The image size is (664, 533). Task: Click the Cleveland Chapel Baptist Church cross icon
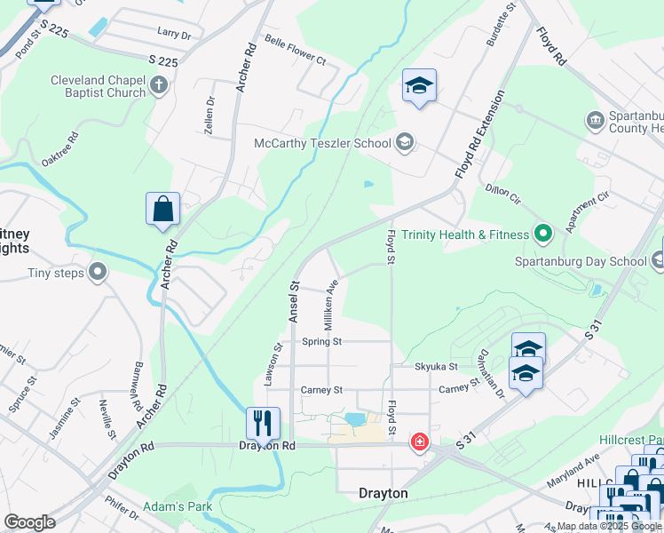point(159,86)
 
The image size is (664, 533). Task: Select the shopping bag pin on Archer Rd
point(163,210)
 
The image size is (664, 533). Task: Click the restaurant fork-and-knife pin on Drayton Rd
point(263,424)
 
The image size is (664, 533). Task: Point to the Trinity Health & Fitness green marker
point(542,235)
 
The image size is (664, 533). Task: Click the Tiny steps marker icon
point(98,272)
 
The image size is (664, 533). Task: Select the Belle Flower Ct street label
point(296,51)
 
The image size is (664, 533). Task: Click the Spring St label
point(321,341)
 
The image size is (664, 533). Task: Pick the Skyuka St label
point(436,366)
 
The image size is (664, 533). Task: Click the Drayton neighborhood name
point(383,493)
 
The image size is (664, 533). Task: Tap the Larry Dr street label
point(174,33)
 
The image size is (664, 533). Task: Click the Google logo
point(29,522)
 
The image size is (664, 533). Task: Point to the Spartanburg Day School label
point(581,261)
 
